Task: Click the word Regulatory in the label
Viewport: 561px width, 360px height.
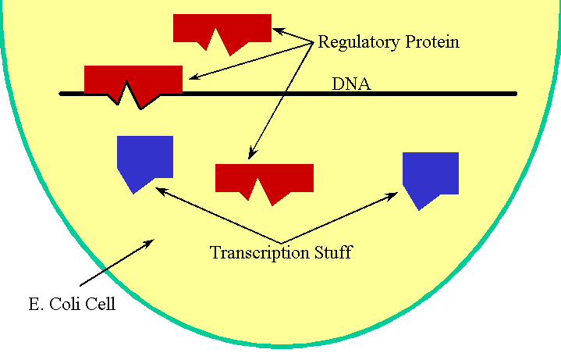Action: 355,42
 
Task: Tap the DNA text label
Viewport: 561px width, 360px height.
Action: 351,84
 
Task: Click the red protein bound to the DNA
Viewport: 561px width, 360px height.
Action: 133,79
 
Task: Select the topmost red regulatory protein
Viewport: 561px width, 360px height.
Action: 222,27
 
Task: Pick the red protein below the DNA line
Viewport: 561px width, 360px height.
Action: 264,177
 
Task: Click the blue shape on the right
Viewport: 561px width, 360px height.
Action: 430,173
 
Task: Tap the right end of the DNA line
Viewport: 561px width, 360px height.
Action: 514,94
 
